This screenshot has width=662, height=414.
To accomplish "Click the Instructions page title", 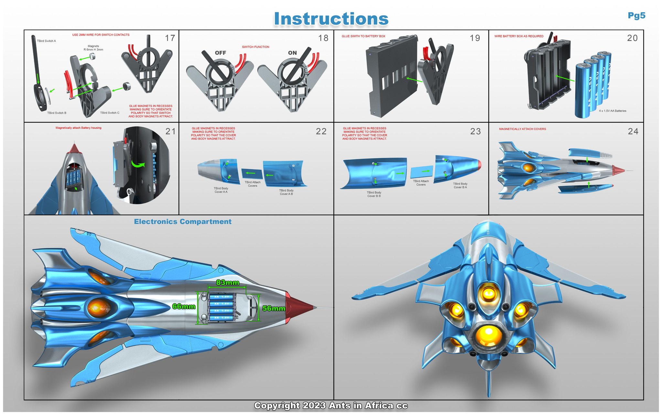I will click(x=331, y=19).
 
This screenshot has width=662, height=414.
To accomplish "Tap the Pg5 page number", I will click(x=636, y=16).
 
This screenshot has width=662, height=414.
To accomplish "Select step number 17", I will click(x=170, y=38).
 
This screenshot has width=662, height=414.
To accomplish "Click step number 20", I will click(x=632, y=38).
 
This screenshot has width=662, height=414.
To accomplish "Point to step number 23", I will click(x=475, y=131).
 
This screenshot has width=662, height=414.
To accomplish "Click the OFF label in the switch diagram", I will click(x=220, y=53).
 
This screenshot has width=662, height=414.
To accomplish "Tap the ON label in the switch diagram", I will click(x=292, y=53).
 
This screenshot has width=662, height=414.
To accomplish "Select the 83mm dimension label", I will click(x=228, y=282).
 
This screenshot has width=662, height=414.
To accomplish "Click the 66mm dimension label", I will click(x=184, y=306).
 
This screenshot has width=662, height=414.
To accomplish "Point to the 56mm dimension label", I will click(x=273, y=308).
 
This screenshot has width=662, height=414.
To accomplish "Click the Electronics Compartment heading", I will click(x=183, y=222).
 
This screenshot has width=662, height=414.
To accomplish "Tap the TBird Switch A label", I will click(x=46, y=41).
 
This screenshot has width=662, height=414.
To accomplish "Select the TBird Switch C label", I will click(x=110, y=113).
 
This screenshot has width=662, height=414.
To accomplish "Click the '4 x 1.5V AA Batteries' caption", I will click(x=612, y=111).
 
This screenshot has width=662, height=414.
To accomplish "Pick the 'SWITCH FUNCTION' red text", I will click(x=255, y=47).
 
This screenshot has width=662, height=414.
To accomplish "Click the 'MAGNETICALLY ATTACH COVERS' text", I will click(x=522, y=129).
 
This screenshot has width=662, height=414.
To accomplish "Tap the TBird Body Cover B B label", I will click(x=374, y=194).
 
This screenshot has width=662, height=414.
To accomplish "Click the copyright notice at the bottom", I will click(x=331, y=406).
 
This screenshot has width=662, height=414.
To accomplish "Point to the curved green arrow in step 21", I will click(x=138, y=163).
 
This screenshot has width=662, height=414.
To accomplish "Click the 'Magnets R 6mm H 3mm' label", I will click(x=93, y=48).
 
